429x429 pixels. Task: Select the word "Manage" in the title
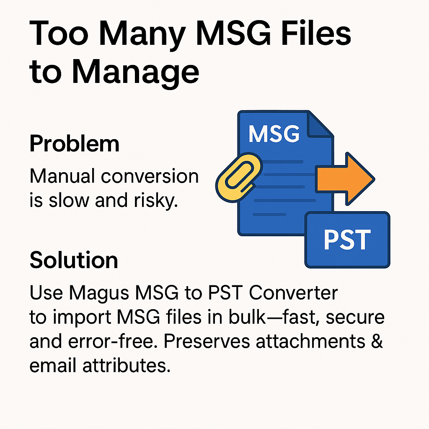135,72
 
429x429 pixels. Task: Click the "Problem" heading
75,143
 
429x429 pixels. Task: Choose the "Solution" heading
74,260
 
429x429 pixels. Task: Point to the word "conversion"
150,176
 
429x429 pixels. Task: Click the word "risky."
156,201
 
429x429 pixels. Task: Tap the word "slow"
69,200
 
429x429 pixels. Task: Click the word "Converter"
293,293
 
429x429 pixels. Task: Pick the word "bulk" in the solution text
247,317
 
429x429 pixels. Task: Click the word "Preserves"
207,341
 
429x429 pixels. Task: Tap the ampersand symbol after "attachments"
377,341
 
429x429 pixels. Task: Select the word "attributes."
127,365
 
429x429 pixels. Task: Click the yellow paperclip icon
238,177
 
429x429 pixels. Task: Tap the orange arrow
345,179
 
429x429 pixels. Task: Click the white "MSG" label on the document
274,134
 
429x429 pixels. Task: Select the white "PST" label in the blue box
347,240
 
